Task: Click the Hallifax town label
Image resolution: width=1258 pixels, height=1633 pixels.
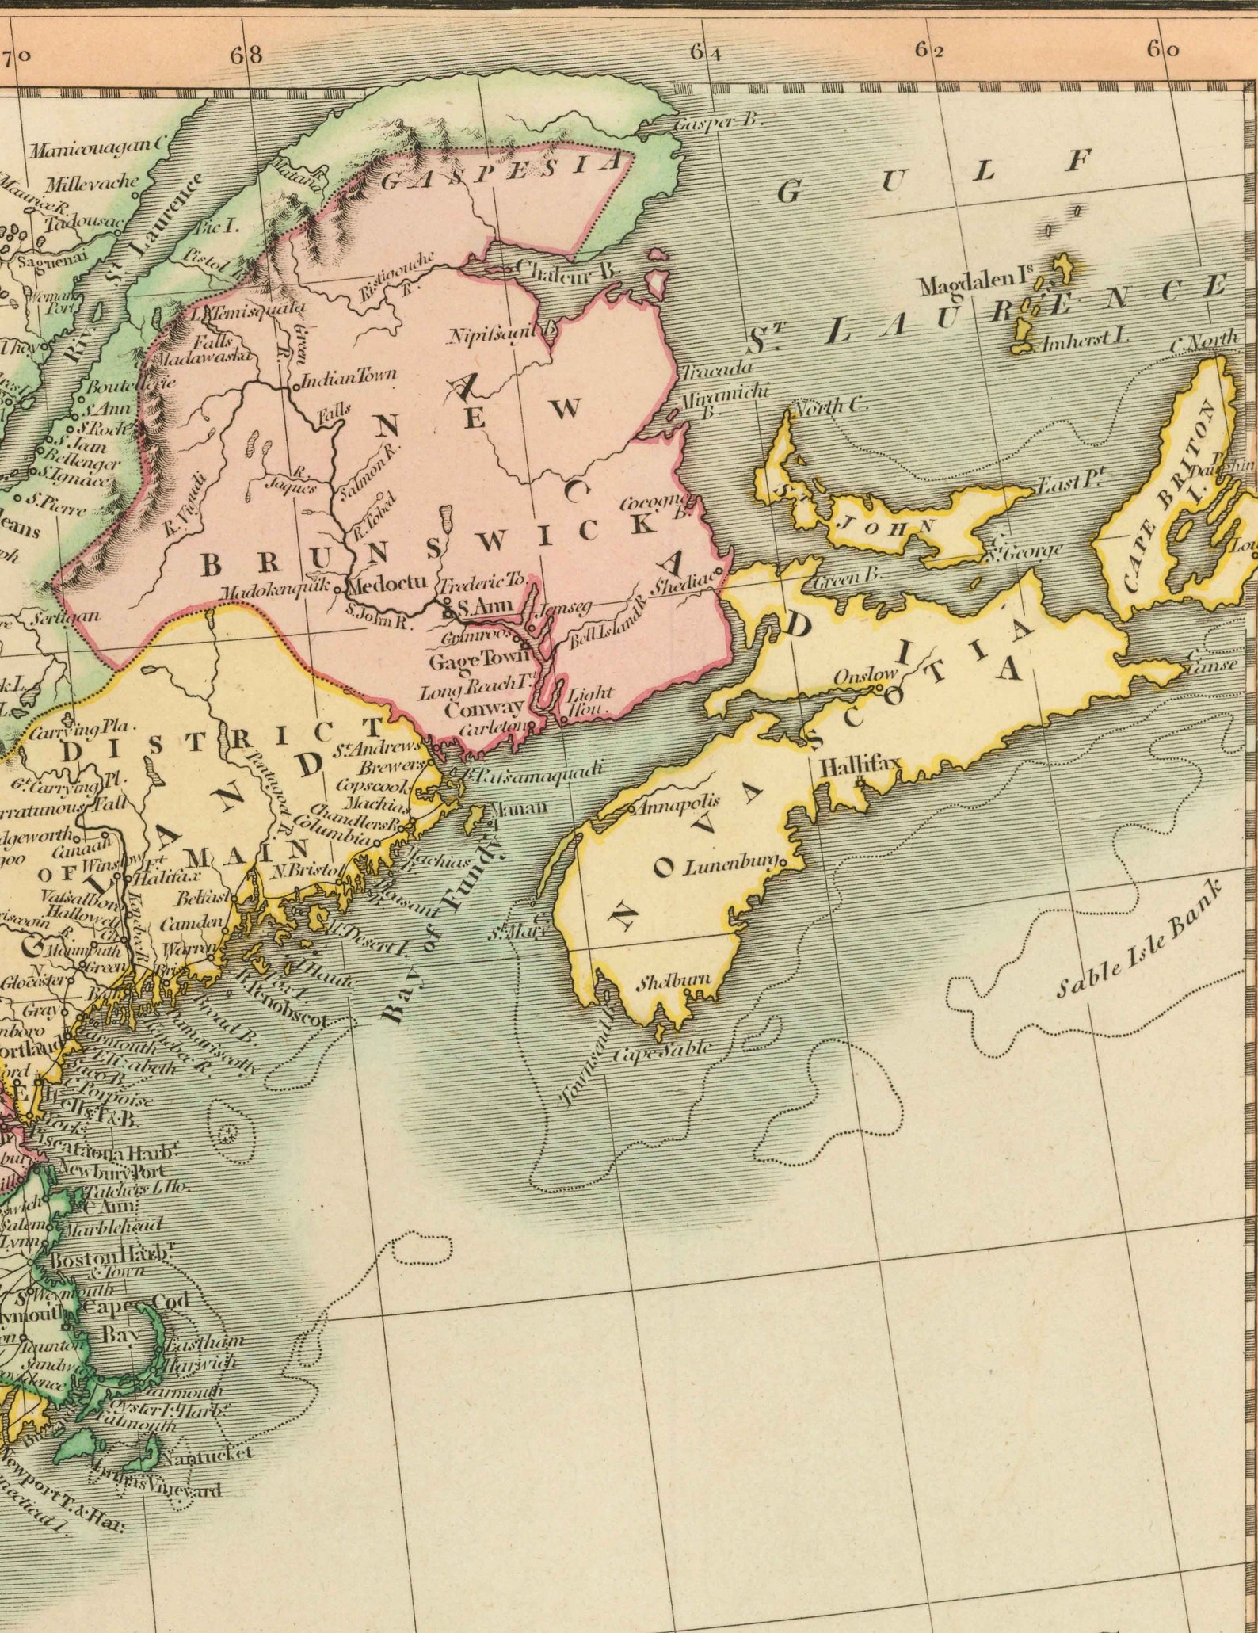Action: pos(860,765)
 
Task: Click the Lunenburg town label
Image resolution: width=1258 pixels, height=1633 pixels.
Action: pos(733,867)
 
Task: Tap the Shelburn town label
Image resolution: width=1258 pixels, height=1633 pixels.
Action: pos(675,982)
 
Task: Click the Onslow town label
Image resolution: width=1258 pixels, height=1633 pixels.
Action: pos(865,676)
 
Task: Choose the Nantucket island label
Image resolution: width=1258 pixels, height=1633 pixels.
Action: pos(206,1455)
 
